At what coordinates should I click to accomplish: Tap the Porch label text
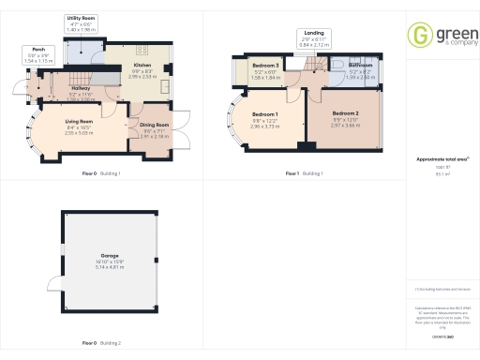38,50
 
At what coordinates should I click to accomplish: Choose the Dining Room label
155,125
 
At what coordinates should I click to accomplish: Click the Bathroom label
361,66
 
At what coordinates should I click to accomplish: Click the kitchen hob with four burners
143,49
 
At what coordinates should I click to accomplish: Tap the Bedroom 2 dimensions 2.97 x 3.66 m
346,125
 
